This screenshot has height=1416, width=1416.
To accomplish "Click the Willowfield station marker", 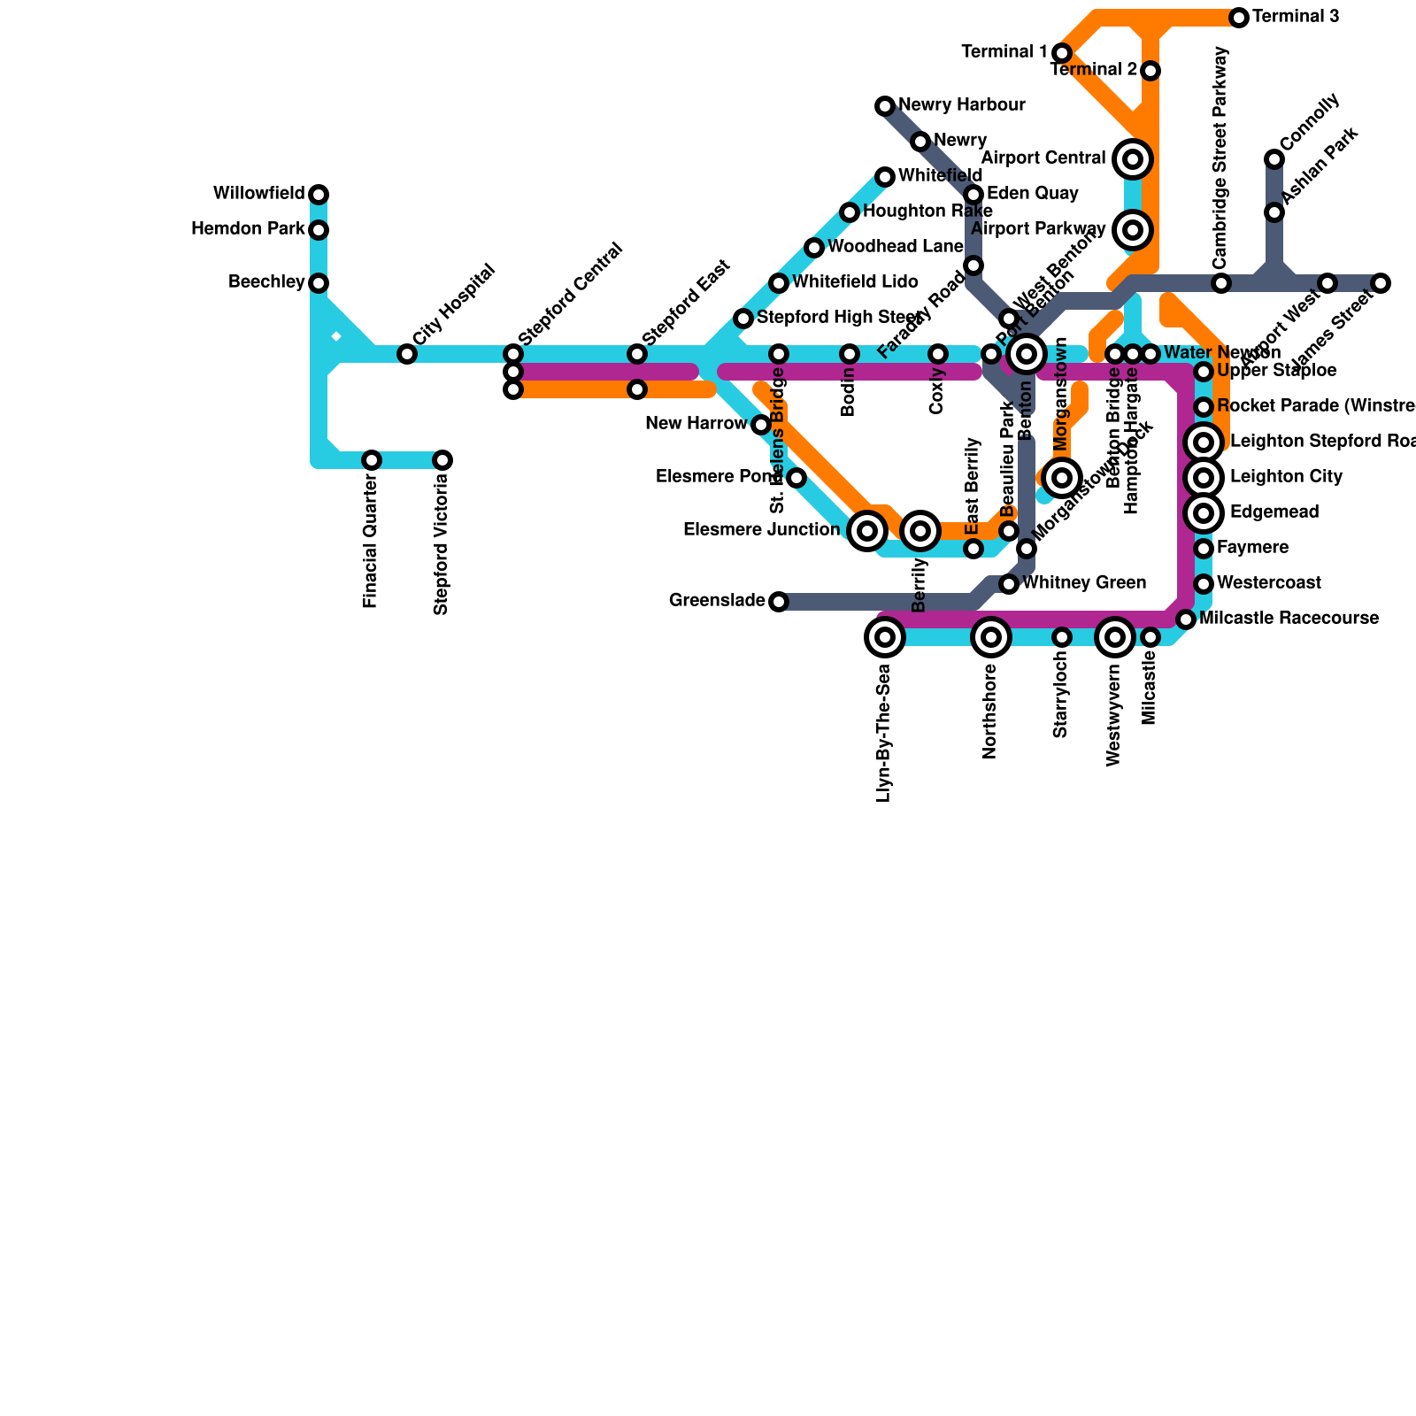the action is click(319, 195).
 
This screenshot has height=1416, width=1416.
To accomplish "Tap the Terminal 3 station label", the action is click(1296, 17).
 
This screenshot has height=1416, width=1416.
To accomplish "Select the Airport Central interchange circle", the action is click(1133, 159).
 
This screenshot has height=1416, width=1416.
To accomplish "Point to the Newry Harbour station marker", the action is click(885, 106).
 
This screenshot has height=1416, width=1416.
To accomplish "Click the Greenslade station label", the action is click(716, 601).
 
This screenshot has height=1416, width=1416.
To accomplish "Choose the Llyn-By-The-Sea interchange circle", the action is click(885, 637).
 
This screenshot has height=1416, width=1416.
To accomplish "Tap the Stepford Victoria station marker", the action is click(442, 460).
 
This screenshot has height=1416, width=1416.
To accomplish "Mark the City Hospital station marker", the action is click(407, 354).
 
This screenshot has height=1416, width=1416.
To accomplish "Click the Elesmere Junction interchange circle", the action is click(867, 531).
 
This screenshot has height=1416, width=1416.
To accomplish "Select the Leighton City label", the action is click(1286, 477).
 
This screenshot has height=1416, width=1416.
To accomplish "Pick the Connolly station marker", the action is click(1274, 159).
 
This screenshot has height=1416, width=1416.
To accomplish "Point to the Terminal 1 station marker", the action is click(1062, 53).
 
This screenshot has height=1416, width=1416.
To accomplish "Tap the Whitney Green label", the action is click(1084, 583).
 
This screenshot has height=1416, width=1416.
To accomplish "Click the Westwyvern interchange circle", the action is click(1115, 637).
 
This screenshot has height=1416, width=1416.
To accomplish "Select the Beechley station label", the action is click(265, 282).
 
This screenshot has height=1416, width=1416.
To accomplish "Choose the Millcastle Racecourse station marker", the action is click(1186, 619).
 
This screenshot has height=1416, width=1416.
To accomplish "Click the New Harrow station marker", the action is click(761, 425).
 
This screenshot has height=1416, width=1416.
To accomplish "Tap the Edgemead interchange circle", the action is click(1204, 513).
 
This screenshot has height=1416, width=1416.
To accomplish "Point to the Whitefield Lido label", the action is click(855, 282).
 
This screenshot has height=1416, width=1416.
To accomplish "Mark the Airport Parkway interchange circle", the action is click(1133, 230).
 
